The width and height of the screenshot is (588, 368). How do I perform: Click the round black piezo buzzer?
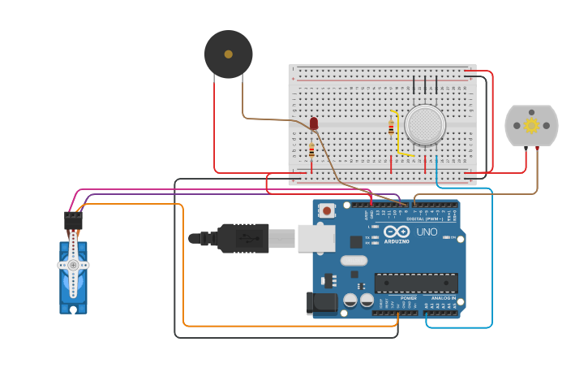pos(228,54)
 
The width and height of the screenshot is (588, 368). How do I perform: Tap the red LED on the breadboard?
pos(314,123)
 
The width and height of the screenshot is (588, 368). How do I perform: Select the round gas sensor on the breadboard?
pos(425,125)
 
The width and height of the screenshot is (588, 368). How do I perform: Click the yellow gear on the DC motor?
pos(531,125)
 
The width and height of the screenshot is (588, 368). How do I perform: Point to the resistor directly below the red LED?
pos(311,150)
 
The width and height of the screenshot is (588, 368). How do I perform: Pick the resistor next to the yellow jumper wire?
pos(391,128)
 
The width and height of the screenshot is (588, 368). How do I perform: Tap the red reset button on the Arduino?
pos(327,210)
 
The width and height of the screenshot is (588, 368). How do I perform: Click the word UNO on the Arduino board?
pos(427,232)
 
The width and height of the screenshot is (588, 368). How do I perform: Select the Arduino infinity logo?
pos(397,232)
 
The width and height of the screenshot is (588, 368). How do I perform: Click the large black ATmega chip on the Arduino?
pos(415,283)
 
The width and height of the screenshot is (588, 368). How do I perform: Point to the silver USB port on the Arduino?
pos(316,238)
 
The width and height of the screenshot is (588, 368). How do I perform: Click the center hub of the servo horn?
pos(73,265)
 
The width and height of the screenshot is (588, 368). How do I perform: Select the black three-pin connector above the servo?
pos(74,219)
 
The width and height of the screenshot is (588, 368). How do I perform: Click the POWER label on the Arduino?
pos(408,298)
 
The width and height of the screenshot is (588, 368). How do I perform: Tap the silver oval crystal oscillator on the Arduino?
pos(354,261)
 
